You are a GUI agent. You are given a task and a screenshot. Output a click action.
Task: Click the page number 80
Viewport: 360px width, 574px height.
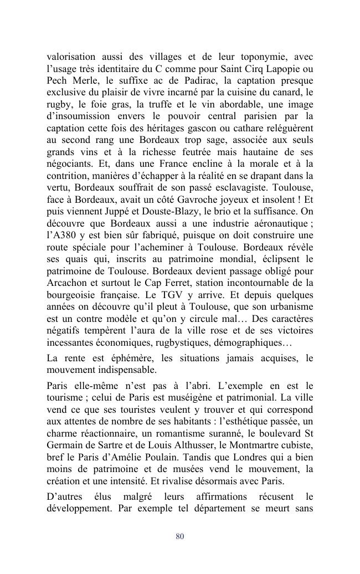pyautogui.click(x=179, y=536)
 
